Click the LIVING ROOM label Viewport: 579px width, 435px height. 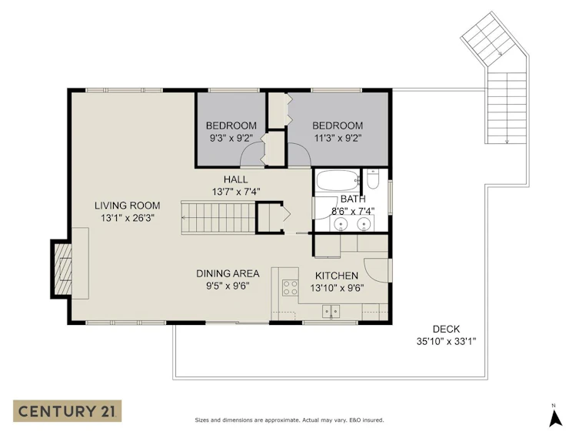click(x=128, y=206)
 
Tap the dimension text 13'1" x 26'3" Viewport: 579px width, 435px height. click(x=128, y=218)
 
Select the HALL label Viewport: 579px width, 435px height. click(x=235, y=179)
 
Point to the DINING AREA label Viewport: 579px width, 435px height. click(x=228, y=273)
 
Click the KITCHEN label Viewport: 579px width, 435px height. click(x=336, y=276)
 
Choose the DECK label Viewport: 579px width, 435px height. click(x=446, y=329)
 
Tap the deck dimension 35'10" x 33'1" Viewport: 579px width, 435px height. click(x=446, y=342)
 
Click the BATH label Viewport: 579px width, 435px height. click(x=353, y=199)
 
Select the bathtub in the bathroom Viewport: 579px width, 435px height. click(x=338, y=180)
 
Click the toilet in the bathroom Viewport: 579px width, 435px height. click(x=373, y=179)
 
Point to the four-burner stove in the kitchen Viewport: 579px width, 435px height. click(x=290, y=287)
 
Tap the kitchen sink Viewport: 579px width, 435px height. click(x=331, y=311)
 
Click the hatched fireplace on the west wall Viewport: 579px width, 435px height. click(x=62, y=269)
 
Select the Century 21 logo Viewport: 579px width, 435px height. click(x=67, y=411)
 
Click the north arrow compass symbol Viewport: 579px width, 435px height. click(x=555, y=417)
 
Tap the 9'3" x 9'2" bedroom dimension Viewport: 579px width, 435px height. click(x=231, y=139)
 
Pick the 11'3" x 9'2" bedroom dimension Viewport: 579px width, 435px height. click(x=338, y=139)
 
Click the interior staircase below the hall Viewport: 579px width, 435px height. click(x=218, y=217)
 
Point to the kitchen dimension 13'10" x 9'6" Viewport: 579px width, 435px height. click(x=337, y=288)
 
